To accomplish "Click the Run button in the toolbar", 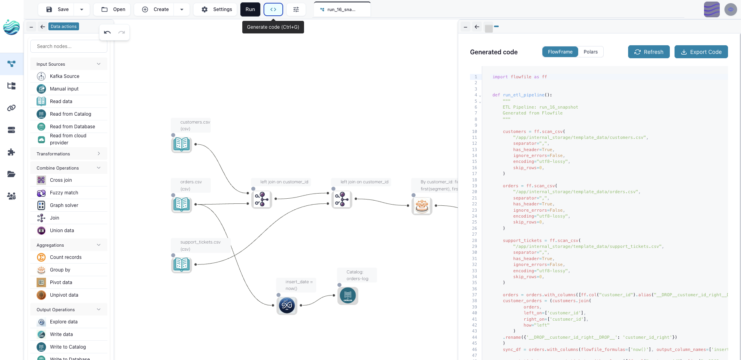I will click(250, 9).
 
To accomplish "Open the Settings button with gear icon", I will click(217, 9).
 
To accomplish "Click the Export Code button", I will click(701, 52).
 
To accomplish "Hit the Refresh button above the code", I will click(649, 52).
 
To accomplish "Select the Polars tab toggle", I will click(590, 52).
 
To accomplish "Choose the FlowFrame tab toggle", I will click(560, 52).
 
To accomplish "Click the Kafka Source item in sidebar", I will click(65, 76).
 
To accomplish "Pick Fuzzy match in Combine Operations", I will click(64, 193).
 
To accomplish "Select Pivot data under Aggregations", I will click(61, 282).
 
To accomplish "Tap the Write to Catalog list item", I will click(68, 347).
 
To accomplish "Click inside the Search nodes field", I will click(69, 46).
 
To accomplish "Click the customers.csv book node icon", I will click(182, 144).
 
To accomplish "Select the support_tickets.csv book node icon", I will click(182, 264).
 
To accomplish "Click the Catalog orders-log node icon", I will click(348, 295).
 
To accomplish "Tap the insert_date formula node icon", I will click(287, 305).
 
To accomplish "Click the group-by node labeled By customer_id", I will click(422, 205).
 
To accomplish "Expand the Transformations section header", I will click(68, 154).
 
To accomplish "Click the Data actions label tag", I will click(64, 26).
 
